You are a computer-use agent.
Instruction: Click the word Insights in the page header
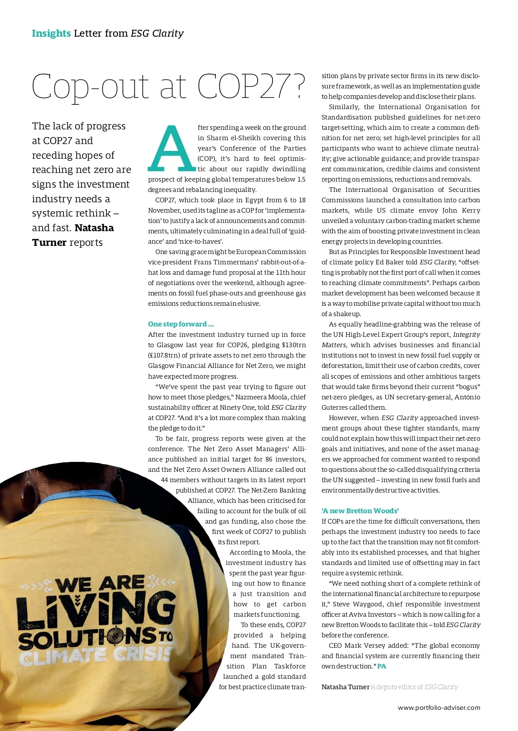51,33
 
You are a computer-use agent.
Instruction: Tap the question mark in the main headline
296,86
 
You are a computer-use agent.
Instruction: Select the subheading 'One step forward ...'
181,324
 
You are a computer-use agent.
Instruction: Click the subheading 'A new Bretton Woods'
360,511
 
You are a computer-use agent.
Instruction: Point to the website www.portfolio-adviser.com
439,707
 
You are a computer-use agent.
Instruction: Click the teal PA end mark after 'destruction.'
382,666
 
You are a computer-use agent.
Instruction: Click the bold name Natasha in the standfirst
94,228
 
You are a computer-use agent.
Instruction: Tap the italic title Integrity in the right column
466,335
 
